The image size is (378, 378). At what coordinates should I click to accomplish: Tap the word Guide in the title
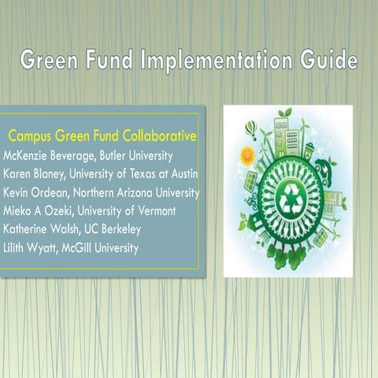pos(324,61)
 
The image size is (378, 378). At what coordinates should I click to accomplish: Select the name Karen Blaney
pos(35,174)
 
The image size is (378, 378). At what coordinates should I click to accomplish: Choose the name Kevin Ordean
pos(35,193)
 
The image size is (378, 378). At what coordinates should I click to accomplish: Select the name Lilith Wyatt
pos(31,249)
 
